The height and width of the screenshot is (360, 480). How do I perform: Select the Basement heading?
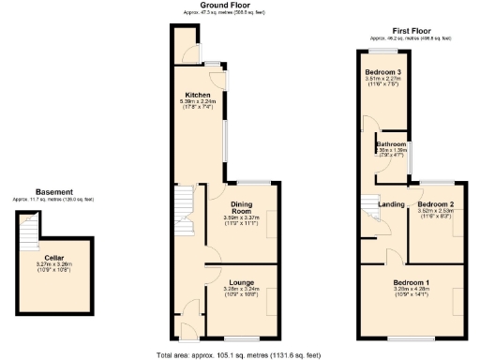(53, 192)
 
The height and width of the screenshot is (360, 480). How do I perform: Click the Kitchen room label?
(197, 95)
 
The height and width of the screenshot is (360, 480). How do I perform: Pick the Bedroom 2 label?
(436, 203)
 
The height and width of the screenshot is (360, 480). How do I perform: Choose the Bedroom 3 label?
(384, 71)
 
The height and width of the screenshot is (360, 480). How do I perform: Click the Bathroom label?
(391, 143)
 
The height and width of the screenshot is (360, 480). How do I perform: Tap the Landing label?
(391, 203)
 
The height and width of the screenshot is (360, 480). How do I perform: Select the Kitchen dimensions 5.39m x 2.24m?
(198, 103)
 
